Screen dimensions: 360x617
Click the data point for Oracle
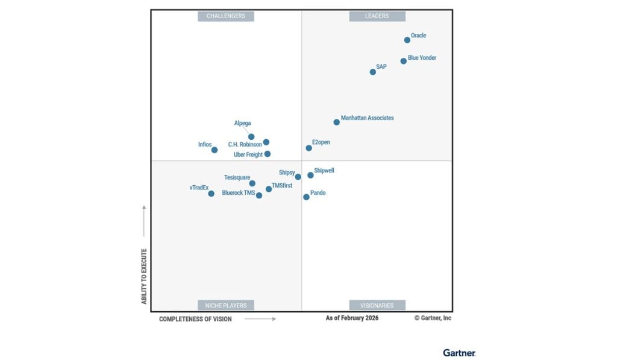pyautogui.click(x=407, y=40)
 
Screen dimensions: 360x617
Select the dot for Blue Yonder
pyautogui.click(x=404, y=61)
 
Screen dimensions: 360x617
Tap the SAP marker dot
pyautogui.click(x=373, y=72)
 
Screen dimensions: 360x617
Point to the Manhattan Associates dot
pyautogui.click(x=337, y=122)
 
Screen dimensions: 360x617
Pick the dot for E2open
pyautogui.click(x=309, y=148)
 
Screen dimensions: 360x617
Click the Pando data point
pyautogui.click(x=306, y=197)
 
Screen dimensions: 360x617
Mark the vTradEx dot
pyautogui.click(x=211, y=194)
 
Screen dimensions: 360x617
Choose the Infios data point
pyautogui.click(x=215, y=150)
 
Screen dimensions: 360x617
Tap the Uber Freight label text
pyautogui.click(x=248, y=155)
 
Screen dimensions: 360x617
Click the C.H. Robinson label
pyautogui.click(x=245, y=145)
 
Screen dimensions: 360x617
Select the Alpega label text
pyautogui.click(x=243, y=124)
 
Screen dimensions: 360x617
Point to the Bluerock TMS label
pyautogui.click(x=239, y=193)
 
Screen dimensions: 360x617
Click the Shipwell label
pyautogui.click(x=324, y=171)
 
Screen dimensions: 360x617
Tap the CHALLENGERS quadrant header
pyautogui.click(x=226, y=16)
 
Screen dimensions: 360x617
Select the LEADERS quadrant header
pyautogui.click(x=377, y=16)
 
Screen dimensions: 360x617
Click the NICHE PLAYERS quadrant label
pyautogui.click(x=226, y=305)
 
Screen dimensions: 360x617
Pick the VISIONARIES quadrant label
pyautogui.click(x=377, y=305)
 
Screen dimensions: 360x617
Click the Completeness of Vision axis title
pyautogui.click(x=195, y=319)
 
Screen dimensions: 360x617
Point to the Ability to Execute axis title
pyautogui.click(x=145, y=276)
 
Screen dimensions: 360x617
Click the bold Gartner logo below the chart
pyautogui.click(x=459, y=353)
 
